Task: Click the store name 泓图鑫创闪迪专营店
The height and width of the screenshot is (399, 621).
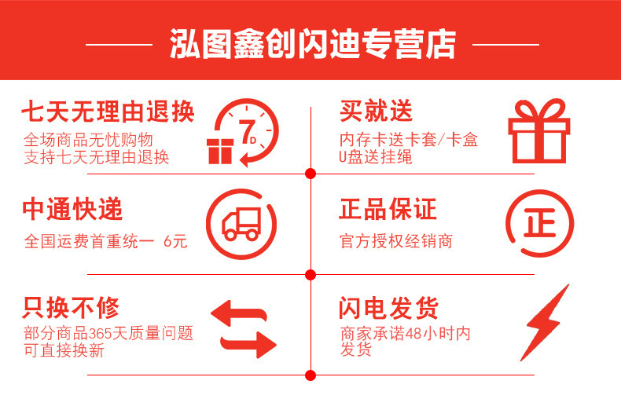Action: (x=312, y=45)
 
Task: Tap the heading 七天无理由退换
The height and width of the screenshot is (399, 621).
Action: (x=108, y=112)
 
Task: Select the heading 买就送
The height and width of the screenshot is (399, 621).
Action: (x=376, y=111)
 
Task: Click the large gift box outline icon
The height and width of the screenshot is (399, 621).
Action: (x=538, y=130)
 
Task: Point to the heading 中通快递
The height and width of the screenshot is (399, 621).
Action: (x=72, y=210)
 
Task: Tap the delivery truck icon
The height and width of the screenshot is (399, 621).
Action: (x=241, y=224)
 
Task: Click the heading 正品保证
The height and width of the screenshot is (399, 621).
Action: (x=388, y=210)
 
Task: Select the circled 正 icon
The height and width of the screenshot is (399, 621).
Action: (x=539, y=224)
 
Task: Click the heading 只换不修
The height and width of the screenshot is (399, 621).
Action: (x=72, y=307)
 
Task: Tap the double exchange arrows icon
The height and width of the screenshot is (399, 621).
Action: (x=243, y=328)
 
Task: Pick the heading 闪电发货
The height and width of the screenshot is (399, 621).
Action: (x=388, y=307)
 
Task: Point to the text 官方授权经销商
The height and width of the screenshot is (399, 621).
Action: (x=396, y=241)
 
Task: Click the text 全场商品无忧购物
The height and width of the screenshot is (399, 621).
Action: (x=86, y=140)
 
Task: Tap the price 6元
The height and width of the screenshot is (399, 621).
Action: (x=175, y=241)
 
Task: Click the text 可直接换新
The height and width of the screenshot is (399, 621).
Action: (x=64, y=350)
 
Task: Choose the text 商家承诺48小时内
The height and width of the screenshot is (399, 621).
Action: (x=405, y=333)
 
